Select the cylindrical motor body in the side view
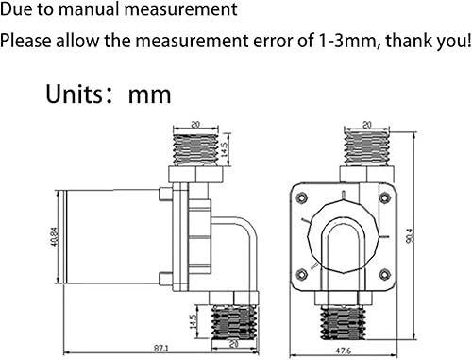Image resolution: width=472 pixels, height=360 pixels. click(111, 234)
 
